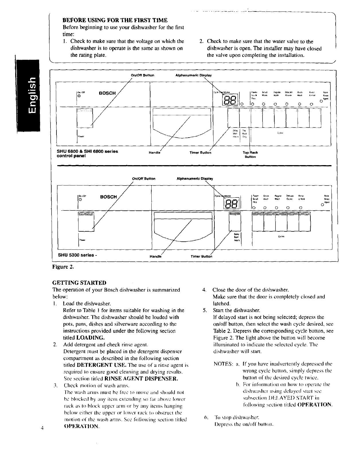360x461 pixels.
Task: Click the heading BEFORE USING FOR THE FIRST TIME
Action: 115,20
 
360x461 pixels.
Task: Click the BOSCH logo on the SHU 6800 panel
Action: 107,93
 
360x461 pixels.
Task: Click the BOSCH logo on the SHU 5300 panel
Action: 109,197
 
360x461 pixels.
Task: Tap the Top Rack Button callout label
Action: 250,155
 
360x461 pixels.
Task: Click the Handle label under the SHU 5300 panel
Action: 156,256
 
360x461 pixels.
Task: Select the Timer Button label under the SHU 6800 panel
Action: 200,153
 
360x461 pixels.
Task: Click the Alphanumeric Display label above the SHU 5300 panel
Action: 195,179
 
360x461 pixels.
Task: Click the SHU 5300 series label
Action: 77,255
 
